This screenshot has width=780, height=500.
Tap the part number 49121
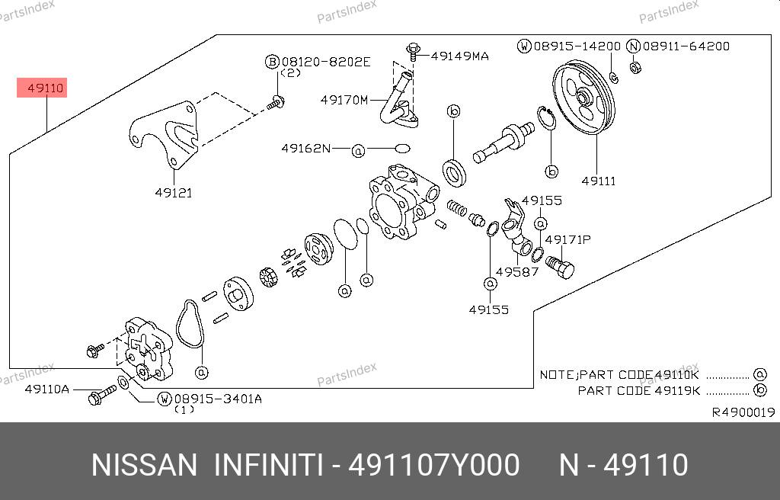coord(173,193)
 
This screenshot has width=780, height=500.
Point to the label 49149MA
coord(459,56)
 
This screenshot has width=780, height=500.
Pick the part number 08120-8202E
coord(326,62)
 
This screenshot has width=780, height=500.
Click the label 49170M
coord(344,100)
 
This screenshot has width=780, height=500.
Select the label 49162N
coord(306,149)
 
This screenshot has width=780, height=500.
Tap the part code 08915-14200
coord(577,46)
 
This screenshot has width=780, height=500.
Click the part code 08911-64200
coord(686,46)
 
